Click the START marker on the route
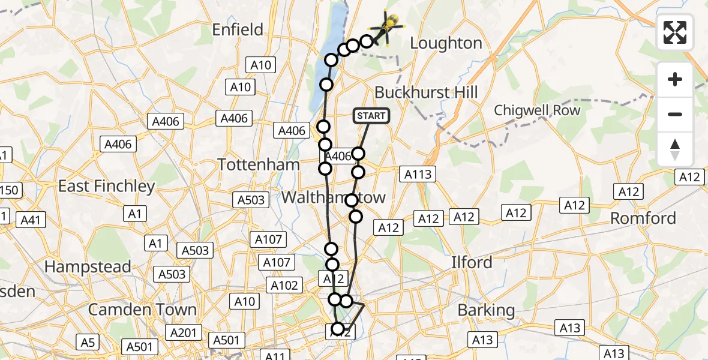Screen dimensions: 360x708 click(372, 116)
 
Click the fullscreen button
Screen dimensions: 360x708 click(675, 32)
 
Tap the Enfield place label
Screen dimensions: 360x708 click(238, 29)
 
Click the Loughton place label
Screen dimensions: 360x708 click(446, 43)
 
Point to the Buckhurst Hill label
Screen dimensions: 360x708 click(426, 92)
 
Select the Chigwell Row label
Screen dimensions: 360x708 click(537, 110)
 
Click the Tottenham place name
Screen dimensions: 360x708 click(259, 164)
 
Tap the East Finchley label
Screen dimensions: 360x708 click(106, 186)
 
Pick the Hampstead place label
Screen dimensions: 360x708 click(88, 266)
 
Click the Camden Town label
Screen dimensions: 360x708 click(142, 310)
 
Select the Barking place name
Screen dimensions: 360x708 click(486, 310)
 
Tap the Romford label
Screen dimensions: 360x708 click(643, 218)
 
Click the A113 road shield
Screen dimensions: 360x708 click(418, 175)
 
